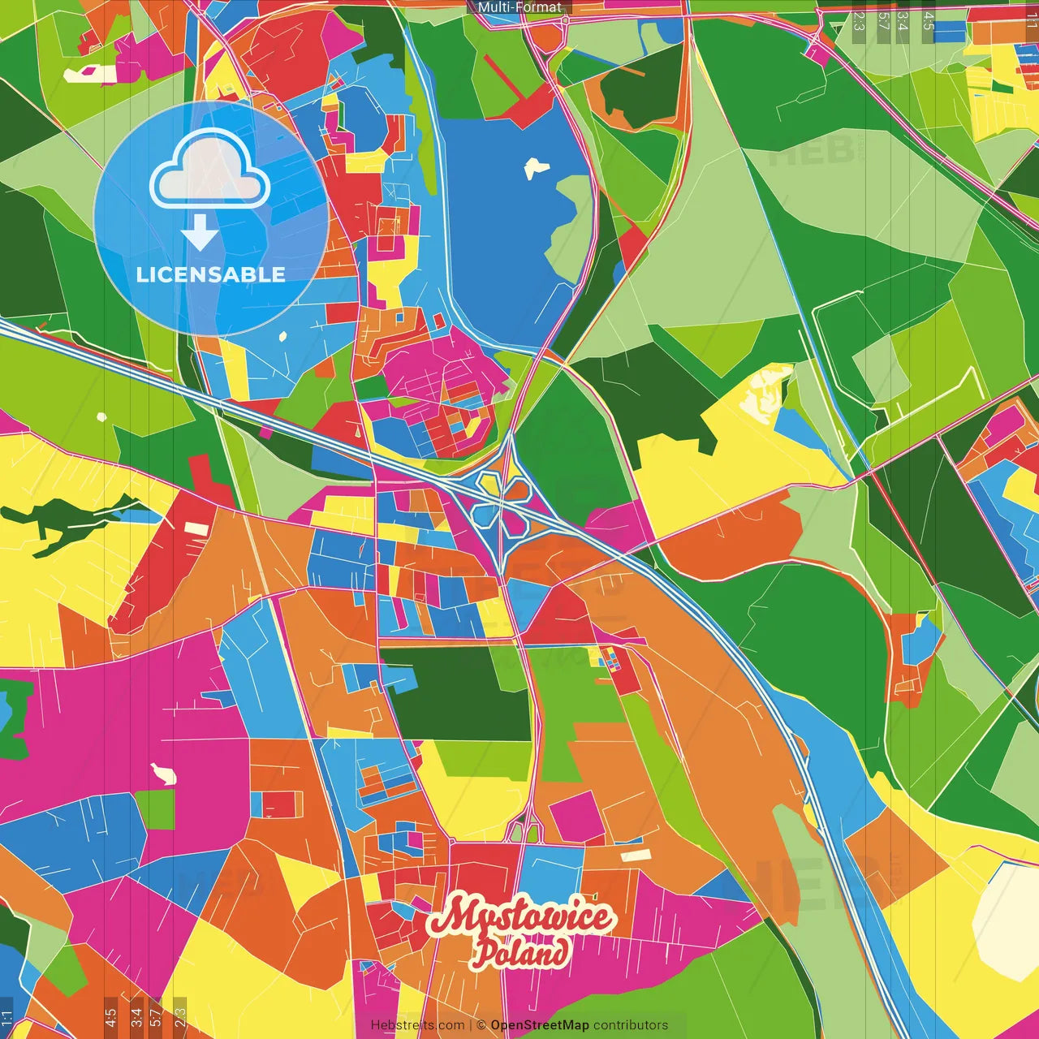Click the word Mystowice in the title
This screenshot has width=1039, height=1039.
(521, 917)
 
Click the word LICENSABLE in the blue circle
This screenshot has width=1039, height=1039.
(211, 274)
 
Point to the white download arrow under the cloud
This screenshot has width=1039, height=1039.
(199, 233)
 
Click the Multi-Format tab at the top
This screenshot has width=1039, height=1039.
(519, 7)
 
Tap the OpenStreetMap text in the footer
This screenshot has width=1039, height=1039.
(540, 1025)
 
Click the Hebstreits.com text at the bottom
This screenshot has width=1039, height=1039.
(418, 1025)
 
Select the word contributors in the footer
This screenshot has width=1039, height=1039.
(631, 1025)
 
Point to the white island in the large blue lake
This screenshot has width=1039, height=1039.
(536, 168)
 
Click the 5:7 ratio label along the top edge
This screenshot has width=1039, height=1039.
(883, 21)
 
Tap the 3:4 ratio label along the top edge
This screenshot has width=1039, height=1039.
(903, 21)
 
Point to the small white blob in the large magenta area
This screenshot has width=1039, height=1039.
(165, 775)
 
